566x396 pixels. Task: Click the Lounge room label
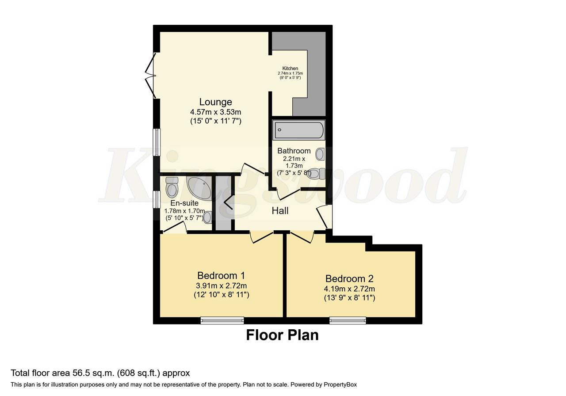tap(215, 102)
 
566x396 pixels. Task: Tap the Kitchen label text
tap(290, 69)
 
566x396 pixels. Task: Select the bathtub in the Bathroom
tap(299, 130)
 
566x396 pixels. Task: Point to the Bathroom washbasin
tap(321, 154)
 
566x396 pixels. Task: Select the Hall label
tap(280, 211)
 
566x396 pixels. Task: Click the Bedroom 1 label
tap(221, 275)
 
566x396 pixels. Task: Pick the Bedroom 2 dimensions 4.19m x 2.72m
tap(349, 289)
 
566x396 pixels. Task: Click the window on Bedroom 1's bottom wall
tap(222, 320)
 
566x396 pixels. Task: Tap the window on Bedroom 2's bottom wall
tap(348, 320)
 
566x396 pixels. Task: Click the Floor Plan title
tap(282, 335)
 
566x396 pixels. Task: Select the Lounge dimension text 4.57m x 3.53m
tap(215, 112)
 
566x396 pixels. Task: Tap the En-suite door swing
tap(175, 227)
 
